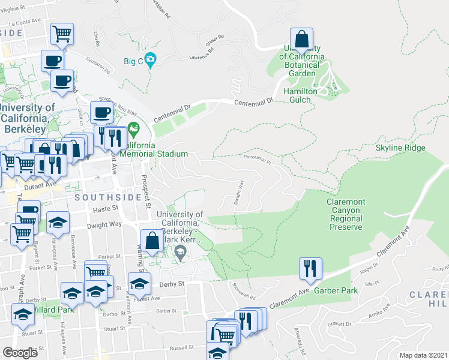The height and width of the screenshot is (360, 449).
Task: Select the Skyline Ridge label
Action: coord(400,148)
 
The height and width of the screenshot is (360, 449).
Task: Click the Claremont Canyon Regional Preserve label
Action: coord(345,215)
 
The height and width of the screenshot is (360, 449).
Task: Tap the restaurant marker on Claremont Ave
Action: coord(310,269)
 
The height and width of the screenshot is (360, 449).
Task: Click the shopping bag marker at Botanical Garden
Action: coord(302,41)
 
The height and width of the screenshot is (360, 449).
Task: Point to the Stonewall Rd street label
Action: coord(245,292)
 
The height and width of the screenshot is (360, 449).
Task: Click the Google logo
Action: coord(20,353)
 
